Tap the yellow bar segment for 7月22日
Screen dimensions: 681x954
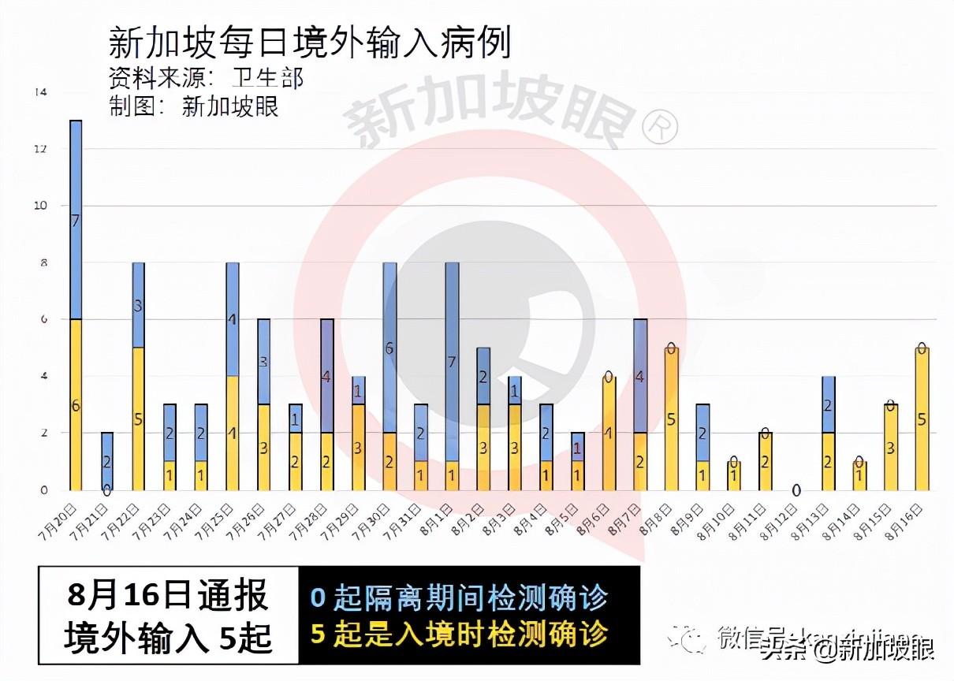[138, 419]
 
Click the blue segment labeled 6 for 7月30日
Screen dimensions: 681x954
[389, 348]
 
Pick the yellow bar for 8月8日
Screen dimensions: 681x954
[672, 419]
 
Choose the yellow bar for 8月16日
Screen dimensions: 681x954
[921, 419]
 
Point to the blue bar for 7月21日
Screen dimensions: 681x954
[107, 460]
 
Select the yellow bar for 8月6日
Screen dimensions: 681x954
[609, 433]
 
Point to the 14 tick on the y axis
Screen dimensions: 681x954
[41, 92]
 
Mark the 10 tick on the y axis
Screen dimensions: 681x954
[41, 206]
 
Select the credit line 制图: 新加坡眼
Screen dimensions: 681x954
[194, 106]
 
